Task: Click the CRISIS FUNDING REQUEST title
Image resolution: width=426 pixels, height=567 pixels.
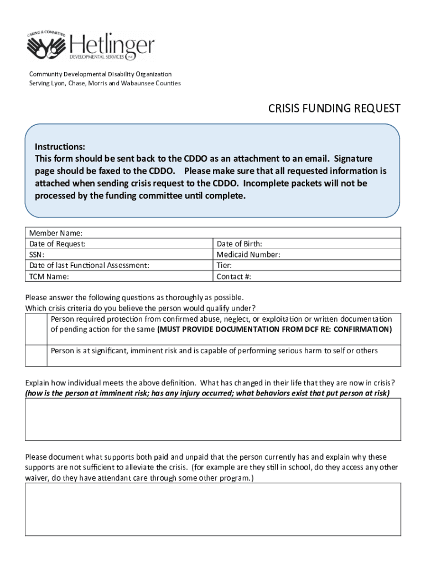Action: coord(334,109)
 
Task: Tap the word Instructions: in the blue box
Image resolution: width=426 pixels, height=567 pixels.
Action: coord(60,147)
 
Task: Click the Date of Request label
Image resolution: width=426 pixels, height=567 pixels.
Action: coord(58,244)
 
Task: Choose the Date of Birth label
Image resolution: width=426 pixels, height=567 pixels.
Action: coord(239,244)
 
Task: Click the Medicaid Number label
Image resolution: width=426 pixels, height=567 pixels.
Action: coord(248,255)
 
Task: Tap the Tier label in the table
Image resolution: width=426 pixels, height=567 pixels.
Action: coord(224,265)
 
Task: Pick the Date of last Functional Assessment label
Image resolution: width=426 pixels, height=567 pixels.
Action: coord(89,265)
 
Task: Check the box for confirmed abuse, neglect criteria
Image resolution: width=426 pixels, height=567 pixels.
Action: coord(37,329)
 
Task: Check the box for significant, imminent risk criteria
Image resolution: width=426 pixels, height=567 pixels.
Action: coord(37,355)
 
